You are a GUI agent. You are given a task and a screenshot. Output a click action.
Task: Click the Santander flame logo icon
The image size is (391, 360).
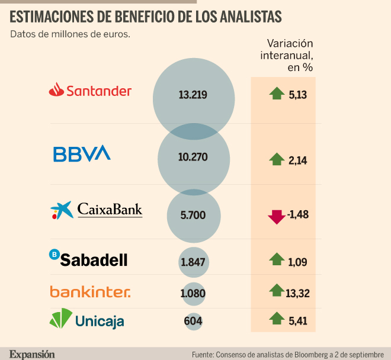coord(57,89)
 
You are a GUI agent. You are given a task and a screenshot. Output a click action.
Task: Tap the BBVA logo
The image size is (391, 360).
coord(82,153)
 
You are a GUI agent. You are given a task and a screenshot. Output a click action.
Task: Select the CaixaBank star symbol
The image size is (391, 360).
coord(62,210)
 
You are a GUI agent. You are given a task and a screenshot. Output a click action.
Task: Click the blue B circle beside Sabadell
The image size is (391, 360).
coord(54,254)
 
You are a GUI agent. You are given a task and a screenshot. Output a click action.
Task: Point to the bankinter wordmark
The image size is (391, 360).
coord(90,292)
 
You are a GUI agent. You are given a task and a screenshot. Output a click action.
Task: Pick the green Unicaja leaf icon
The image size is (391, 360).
coord(61,319)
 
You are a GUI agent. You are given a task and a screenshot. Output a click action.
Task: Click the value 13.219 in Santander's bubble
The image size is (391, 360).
coord(193,95)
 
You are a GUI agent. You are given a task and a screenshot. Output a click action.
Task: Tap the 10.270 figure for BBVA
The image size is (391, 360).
coord(193,157)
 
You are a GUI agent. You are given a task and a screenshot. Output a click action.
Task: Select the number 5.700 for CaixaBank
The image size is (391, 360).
coord(193,215)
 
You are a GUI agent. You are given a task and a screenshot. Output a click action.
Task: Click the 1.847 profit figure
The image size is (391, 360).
coord(193,262)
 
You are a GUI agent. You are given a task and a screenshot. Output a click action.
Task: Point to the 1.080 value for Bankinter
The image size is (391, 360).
coord(193,293)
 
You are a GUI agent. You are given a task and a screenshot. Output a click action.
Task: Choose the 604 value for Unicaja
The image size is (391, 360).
coord(193,321)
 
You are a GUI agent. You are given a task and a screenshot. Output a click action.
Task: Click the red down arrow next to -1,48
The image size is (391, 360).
coord(277,217)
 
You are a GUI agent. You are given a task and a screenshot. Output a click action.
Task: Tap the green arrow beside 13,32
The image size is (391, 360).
coord(277,290)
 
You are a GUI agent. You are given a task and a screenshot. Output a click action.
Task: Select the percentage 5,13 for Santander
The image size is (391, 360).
coord(298,95)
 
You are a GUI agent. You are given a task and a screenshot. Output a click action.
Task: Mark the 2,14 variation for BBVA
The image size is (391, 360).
coord(298,160)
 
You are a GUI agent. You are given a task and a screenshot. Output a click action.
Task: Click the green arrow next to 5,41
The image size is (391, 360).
coord(277,318)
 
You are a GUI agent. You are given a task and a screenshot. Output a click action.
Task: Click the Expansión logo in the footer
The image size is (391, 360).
coord(32,354)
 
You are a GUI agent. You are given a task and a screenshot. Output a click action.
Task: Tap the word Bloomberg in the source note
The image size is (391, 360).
coord(310,355)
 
